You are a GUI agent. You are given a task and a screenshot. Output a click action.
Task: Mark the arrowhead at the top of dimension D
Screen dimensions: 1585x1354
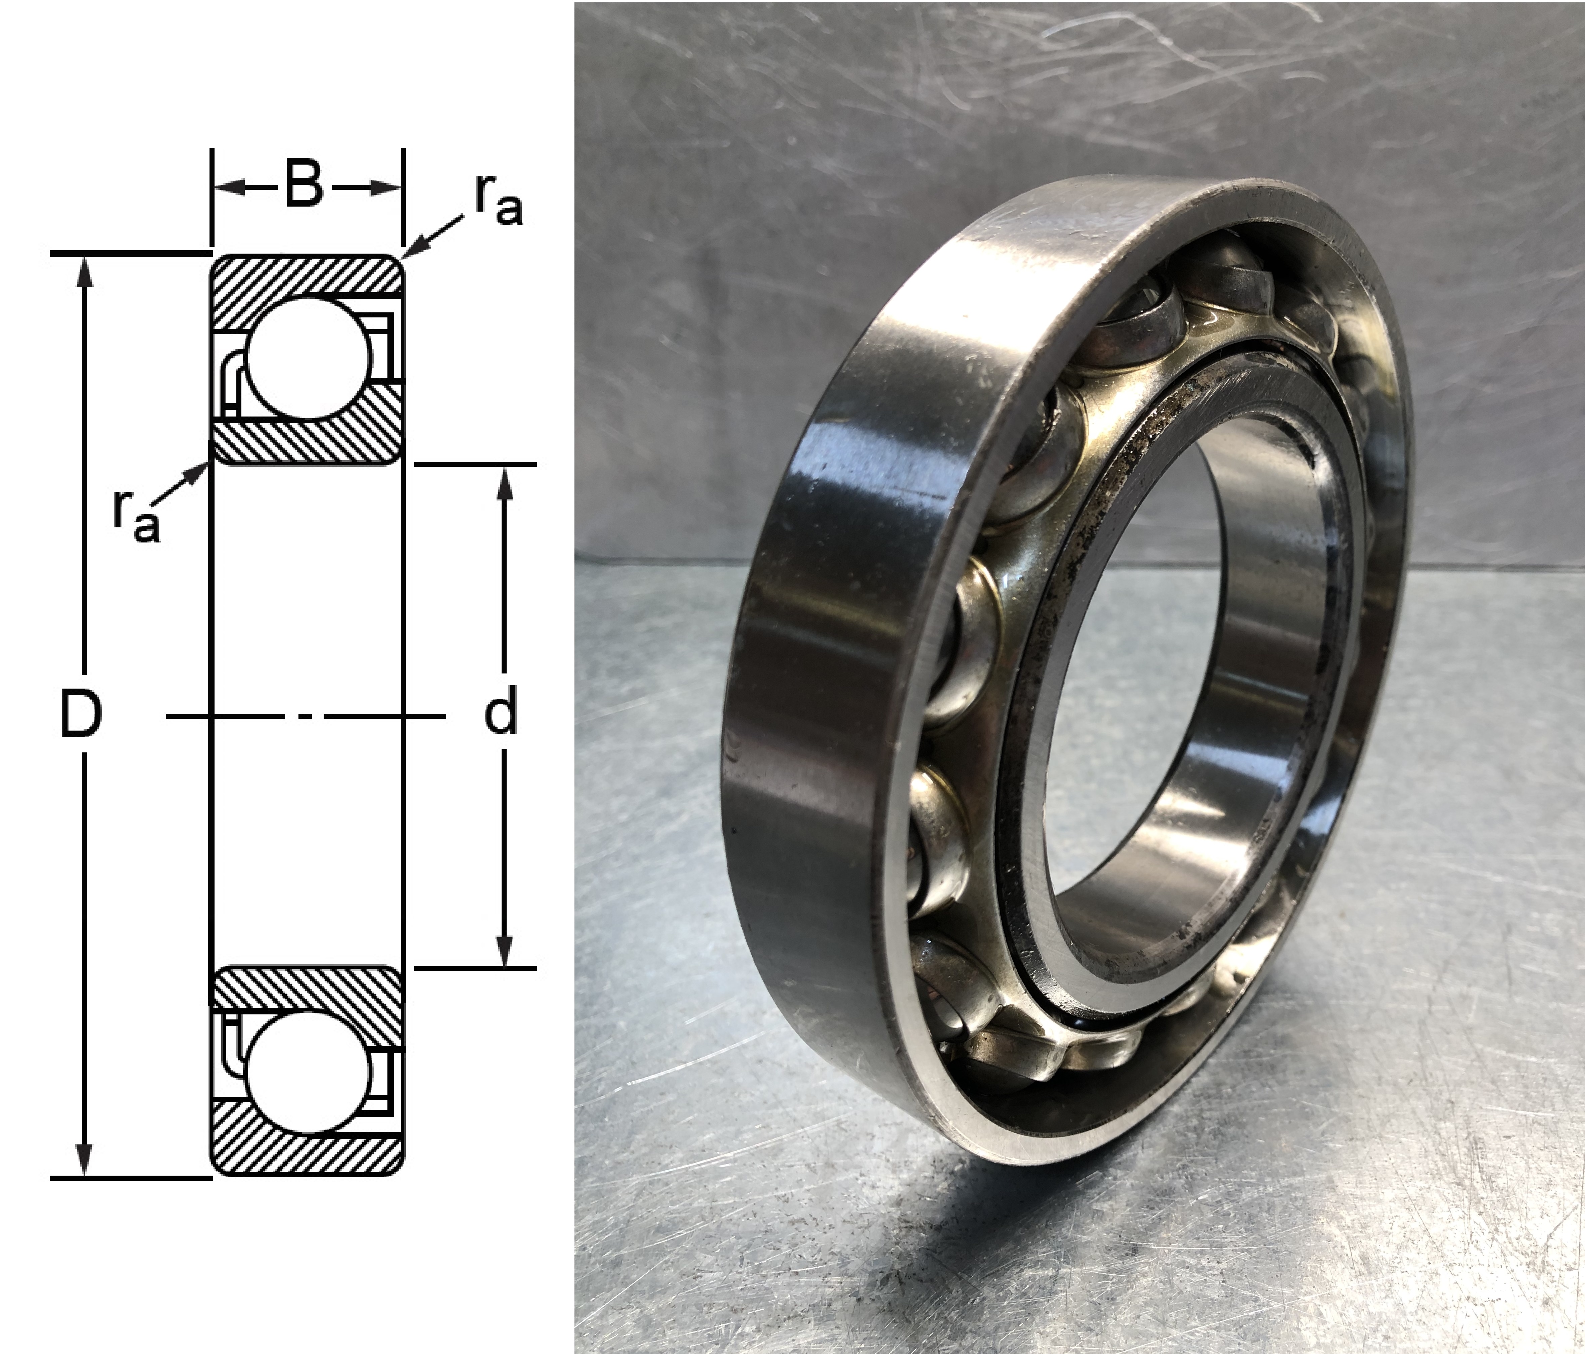(x=84, y=272)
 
